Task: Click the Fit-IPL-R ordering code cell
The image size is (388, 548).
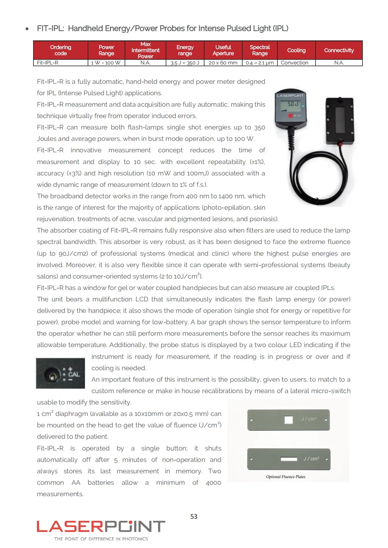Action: coord(48,63)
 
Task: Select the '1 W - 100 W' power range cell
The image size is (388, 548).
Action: coord(106,63)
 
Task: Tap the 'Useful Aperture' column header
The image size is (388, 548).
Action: coord(223,50)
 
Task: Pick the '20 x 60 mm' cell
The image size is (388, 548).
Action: coord(223,63)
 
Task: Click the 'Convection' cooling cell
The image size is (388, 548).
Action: coord(294,63)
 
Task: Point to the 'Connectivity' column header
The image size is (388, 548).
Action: coord(339,50)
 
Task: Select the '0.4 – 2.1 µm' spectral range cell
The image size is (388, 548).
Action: coord(260,63)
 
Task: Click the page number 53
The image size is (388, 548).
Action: coord(194,516)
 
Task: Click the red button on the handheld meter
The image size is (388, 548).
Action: coord(290,116)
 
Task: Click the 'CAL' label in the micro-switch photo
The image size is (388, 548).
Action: coord(74,374)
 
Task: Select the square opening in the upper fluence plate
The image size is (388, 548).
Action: coord(289,420)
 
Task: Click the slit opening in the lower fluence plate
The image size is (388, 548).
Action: coord(289,459)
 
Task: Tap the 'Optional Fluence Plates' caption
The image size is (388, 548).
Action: coord(286,477)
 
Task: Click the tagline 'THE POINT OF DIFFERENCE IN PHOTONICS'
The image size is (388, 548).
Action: coord(101,539)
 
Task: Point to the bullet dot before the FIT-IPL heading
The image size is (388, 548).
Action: coord(27,29)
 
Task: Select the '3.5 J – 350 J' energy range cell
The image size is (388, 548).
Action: coord(185,63)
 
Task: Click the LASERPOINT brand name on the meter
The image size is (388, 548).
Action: coord(290,95)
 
